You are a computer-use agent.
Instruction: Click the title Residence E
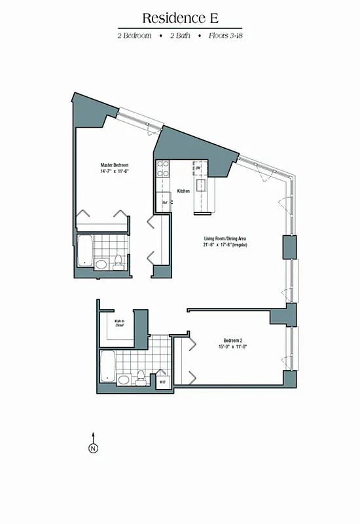[179, 18]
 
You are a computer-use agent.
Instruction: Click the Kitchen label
[183, 191]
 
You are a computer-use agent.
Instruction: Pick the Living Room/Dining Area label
[224, 238]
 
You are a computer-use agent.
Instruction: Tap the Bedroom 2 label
[233, 341]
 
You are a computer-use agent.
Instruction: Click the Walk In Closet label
[119, 323]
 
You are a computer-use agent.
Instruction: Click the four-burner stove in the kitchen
[162, 169]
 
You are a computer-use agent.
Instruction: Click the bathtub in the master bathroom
[84, 252]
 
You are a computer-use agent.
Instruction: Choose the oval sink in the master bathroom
[101, 264]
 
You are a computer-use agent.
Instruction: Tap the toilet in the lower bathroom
[140, 377]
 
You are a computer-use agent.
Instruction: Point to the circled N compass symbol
[93, 448]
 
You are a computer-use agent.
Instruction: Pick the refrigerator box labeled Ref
[166, 203]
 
